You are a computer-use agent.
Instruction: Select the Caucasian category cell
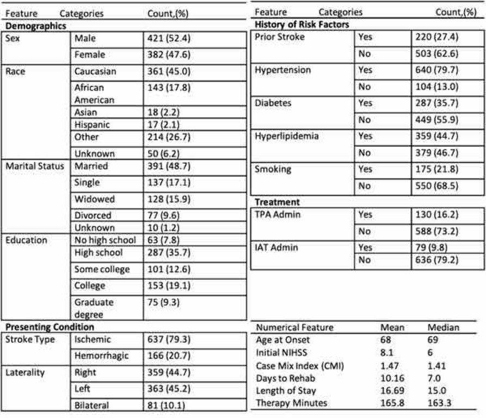point(95,71)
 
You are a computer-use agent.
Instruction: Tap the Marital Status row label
point(34,166)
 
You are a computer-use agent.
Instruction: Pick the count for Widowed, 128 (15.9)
point(169,199)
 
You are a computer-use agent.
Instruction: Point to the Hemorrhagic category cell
point(102,355)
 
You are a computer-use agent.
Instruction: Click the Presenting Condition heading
point(50,327)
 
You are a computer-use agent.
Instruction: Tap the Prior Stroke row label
point(280,38)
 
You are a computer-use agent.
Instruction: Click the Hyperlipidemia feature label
point(287,136)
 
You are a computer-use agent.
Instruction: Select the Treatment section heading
point(278,202)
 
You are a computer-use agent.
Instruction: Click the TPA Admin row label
point(278,214)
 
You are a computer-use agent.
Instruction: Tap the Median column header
point(444,328)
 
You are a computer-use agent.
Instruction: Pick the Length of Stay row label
point(286,390)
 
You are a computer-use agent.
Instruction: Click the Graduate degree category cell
point(94,308)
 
